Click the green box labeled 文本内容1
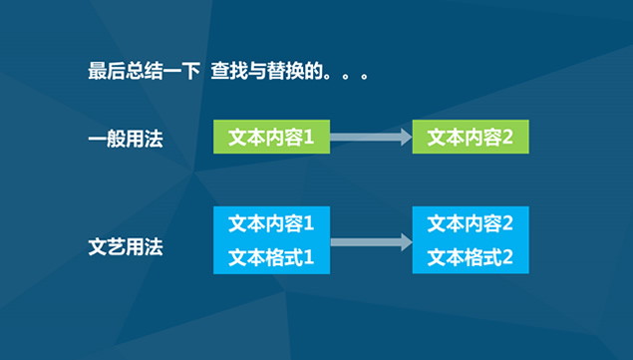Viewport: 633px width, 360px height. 271,137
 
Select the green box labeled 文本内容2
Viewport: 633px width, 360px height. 471,137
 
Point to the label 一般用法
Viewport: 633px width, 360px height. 125,140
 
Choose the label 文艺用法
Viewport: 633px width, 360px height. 125,246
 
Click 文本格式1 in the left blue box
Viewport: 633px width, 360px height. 271,258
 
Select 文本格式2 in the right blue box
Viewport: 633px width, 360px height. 471,258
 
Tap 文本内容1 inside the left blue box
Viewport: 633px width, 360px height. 271,221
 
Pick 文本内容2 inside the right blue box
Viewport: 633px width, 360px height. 471,221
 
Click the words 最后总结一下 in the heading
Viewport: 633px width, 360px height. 144,73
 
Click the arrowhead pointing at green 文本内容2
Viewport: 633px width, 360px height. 405,137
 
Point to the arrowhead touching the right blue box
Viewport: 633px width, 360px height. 405,241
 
